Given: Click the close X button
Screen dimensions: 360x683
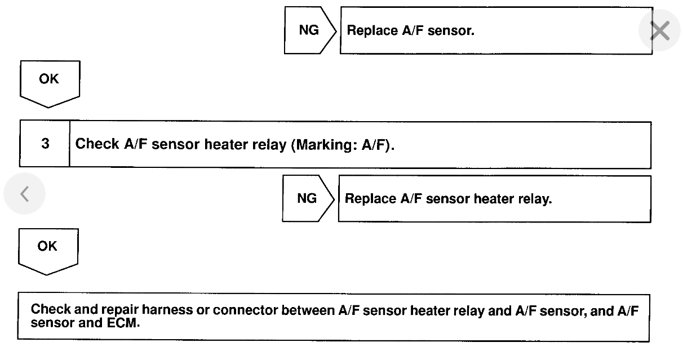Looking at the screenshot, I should point(659,32).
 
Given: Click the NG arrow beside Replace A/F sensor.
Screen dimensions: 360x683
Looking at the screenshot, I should point(309,30).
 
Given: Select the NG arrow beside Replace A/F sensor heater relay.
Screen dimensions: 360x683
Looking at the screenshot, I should point(307,199).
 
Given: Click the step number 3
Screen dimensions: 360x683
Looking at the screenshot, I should point(45,144).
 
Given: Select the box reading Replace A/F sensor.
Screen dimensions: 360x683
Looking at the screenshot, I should point(496,30).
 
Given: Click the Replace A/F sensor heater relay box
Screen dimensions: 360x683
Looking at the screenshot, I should point(494,199).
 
